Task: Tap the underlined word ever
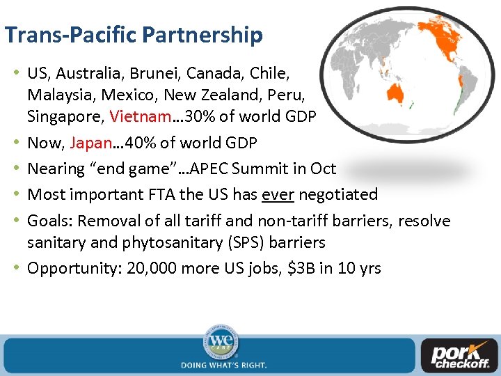pos(278,194)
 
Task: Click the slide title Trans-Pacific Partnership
pos(134,34)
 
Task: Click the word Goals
pos(49,221)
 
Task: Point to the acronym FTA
pos(161,194)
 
